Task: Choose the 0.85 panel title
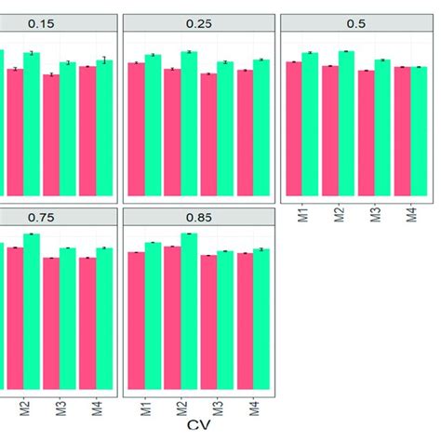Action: click(199, 217)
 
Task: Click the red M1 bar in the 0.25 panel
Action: click(136, 129)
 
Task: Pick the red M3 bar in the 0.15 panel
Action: click(51, 136)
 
